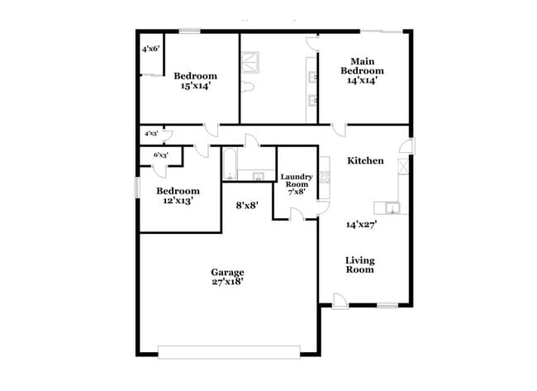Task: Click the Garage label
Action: pyautogui.click(x=226, y=272)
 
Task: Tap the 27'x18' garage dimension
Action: pyautogui.click(x=226, y=281)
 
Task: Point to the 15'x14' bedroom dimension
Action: pyautogui.click(x=188, y=84)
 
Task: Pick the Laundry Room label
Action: pyautogui.click(x=296, y=179)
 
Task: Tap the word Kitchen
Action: pyautogui.click(x=364, y=160)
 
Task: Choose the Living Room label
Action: pyautogui.click(x=359, y=264)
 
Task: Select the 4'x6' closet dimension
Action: pyautogui.click(x=150, y=49)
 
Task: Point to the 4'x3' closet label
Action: pyautogui.click(x=151, y=133)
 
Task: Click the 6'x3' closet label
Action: pyautogui.click(x=160, y=155)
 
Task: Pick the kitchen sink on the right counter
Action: pyautogui.click(x=390, y=207)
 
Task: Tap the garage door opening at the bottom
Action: pyautogui.click(x=230, y=351)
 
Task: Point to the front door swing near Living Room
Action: pyautogui.click(x=340, y=300)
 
